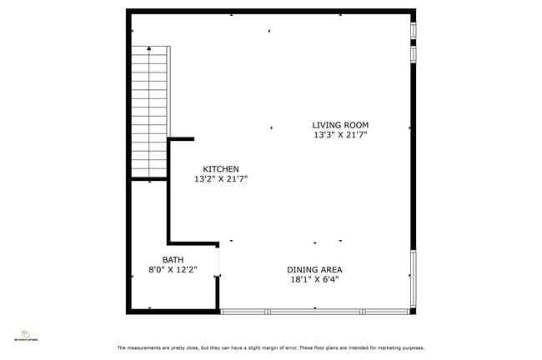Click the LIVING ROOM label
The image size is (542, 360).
[340, 125]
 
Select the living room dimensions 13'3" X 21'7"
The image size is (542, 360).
[340, 135]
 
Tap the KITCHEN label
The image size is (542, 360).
[221, 169]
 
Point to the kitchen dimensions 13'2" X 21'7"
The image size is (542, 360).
[221, 179]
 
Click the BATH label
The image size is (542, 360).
[173, 260]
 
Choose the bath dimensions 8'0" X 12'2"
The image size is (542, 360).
[173, 270]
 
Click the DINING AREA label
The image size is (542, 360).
[314, 270]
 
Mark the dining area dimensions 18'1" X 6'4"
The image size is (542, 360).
[314, 280]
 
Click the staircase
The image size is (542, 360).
[149, 112]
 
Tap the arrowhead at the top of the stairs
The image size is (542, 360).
[149, 48]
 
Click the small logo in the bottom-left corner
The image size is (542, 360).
[25, 334]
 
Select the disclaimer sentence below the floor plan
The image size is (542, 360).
[270, 347]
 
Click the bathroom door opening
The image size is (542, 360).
[218, 261]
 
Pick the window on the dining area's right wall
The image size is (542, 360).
[413, 278]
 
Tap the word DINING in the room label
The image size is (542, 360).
[301, 270]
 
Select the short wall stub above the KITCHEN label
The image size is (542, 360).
[182, 139]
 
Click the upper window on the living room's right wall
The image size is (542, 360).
[413, 30]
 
